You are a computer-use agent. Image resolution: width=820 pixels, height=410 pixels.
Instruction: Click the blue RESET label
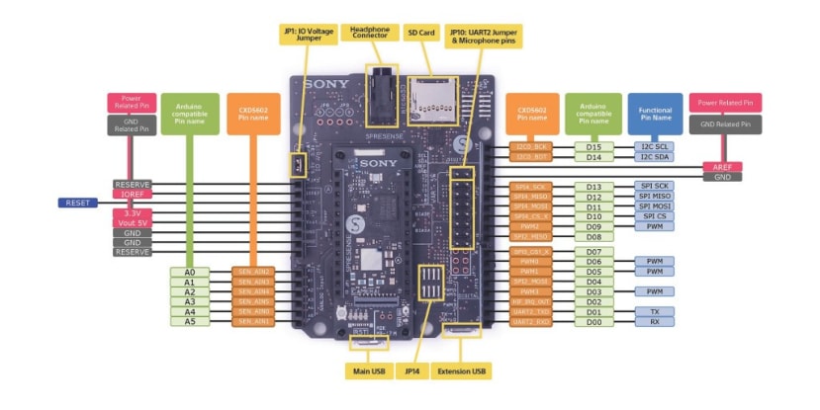77,203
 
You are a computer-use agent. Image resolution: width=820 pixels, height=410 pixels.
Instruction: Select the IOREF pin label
132,195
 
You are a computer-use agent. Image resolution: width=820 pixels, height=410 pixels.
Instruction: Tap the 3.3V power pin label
132,212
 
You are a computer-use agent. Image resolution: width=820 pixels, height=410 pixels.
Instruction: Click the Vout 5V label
132,222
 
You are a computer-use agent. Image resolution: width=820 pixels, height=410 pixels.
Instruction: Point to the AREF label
721,166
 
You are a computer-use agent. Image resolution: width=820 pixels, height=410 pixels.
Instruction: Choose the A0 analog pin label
189,271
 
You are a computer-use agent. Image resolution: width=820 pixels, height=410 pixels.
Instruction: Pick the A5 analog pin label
189,321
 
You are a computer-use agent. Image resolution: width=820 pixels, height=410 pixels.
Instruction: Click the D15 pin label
593,146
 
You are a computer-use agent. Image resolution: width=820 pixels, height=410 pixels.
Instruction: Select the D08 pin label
593,237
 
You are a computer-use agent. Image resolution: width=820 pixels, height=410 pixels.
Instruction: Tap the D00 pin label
593,321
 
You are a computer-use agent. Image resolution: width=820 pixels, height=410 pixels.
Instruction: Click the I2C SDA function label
654,156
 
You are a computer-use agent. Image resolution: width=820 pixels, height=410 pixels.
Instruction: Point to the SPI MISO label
654,197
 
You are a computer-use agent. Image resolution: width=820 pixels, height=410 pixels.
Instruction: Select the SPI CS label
654,216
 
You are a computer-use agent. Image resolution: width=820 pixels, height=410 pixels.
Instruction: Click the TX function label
654,311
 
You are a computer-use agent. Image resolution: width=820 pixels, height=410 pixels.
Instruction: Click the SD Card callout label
423,34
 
